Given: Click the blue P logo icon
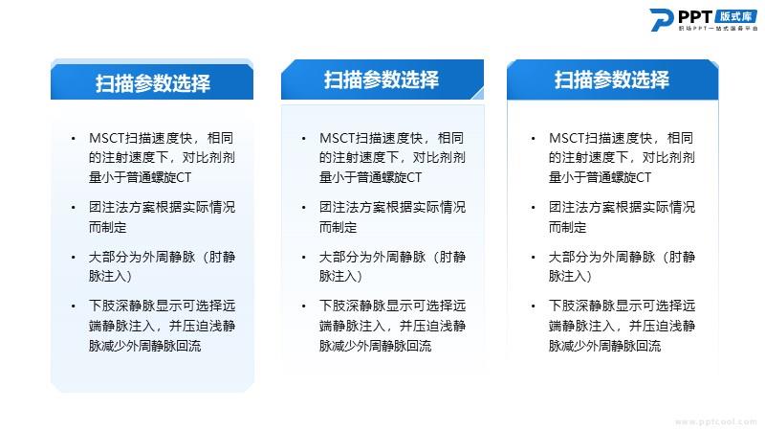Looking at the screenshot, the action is [662, 20].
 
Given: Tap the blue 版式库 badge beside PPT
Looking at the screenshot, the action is [735, 16].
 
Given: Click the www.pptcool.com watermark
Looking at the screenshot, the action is [715, 421].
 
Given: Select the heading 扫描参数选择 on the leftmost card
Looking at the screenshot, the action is [153, 83].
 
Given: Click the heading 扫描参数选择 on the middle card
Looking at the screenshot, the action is [382, 79].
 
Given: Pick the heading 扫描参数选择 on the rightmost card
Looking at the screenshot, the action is [612, 79].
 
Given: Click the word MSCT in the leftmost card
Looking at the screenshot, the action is [107, 138].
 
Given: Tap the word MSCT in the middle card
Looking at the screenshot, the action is [338, 138].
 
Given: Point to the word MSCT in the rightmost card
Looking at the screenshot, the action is [567, 138].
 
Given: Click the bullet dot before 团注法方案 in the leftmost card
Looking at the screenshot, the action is [74, 208].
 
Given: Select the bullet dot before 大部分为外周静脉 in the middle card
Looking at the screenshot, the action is [303, 257].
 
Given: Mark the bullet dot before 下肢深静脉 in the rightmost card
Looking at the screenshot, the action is [534, 306].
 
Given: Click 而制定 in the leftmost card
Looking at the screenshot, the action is [107, 227].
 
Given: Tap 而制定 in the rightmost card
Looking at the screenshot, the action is [567, 227].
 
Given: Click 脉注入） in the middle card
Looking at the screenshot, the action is [340, 276].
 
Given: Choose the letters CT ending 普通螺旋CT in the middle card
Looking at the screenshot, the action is [413, 177].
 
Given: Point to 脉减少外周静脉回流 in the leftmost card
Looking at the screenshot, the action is [145, 346].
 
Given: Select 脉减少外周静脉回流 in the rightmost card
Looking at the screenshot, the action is [605, 346].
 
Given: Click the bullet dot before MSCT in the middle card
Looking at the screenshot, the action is [303, 139].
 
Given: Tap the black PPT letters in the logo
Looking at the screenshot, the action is [695, 16].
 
